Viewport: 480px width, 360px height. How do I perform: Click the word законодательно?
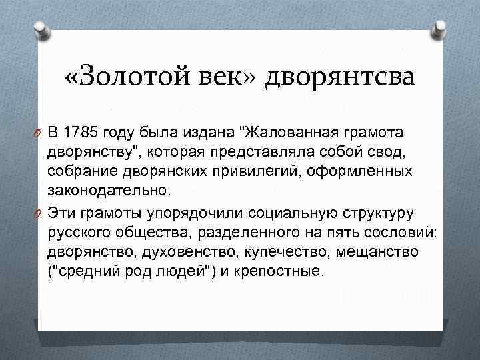point(109,191)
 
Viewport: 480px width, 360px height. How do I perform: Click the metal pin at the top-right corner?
point(441,28)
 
